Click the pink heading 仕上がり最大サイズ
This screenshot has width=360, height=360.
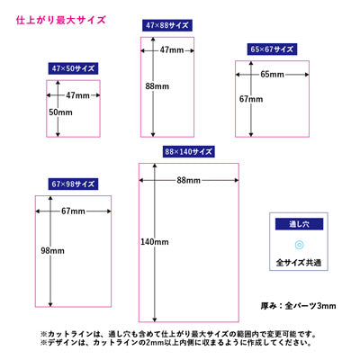tap(61, 21)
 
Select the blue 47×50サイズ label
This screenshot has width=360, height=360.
tap(73, 68)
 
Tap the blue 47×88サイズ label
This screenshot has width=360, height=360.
tap(167, 25)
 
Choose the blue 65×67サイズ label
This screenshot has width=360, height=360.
tap(272, 49)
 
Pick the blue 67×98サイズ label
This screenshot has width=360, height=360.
tap(73, 184)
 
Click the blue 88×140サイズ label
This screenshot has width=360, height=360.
tap(188, 151)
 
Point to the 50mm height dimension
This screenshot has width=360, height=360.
tap(60, 112)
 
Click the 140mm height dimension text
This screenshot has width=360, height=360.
tap(155, 242)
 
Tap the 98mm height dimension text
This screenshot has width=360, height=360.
tap(52, 250)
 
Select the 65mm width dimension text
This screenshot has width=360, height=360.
tap(272, 74)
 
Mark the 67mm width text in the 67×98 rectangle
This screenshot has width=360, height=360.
tap(73, 211)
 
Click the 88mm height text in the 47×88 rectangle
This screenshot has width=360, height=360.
tap(157, 86)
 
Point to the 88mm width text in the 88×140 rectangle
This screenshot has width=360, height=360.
tap(188, 180)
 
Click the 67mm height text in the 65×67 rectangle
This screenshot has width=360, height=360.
tap(251, 99)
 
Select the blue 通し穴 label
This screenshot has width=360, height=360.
tap(299, 224)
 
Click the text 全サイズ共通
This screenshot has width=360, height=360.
tap(299, 263)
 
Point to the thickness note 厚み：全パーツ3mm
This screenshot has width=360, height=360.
tap(298, 306)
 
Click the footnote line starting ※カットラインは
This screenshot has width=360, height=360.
tap(178, 334)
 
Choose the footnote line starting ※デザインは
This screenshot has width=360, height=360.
tap(175, 342)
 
